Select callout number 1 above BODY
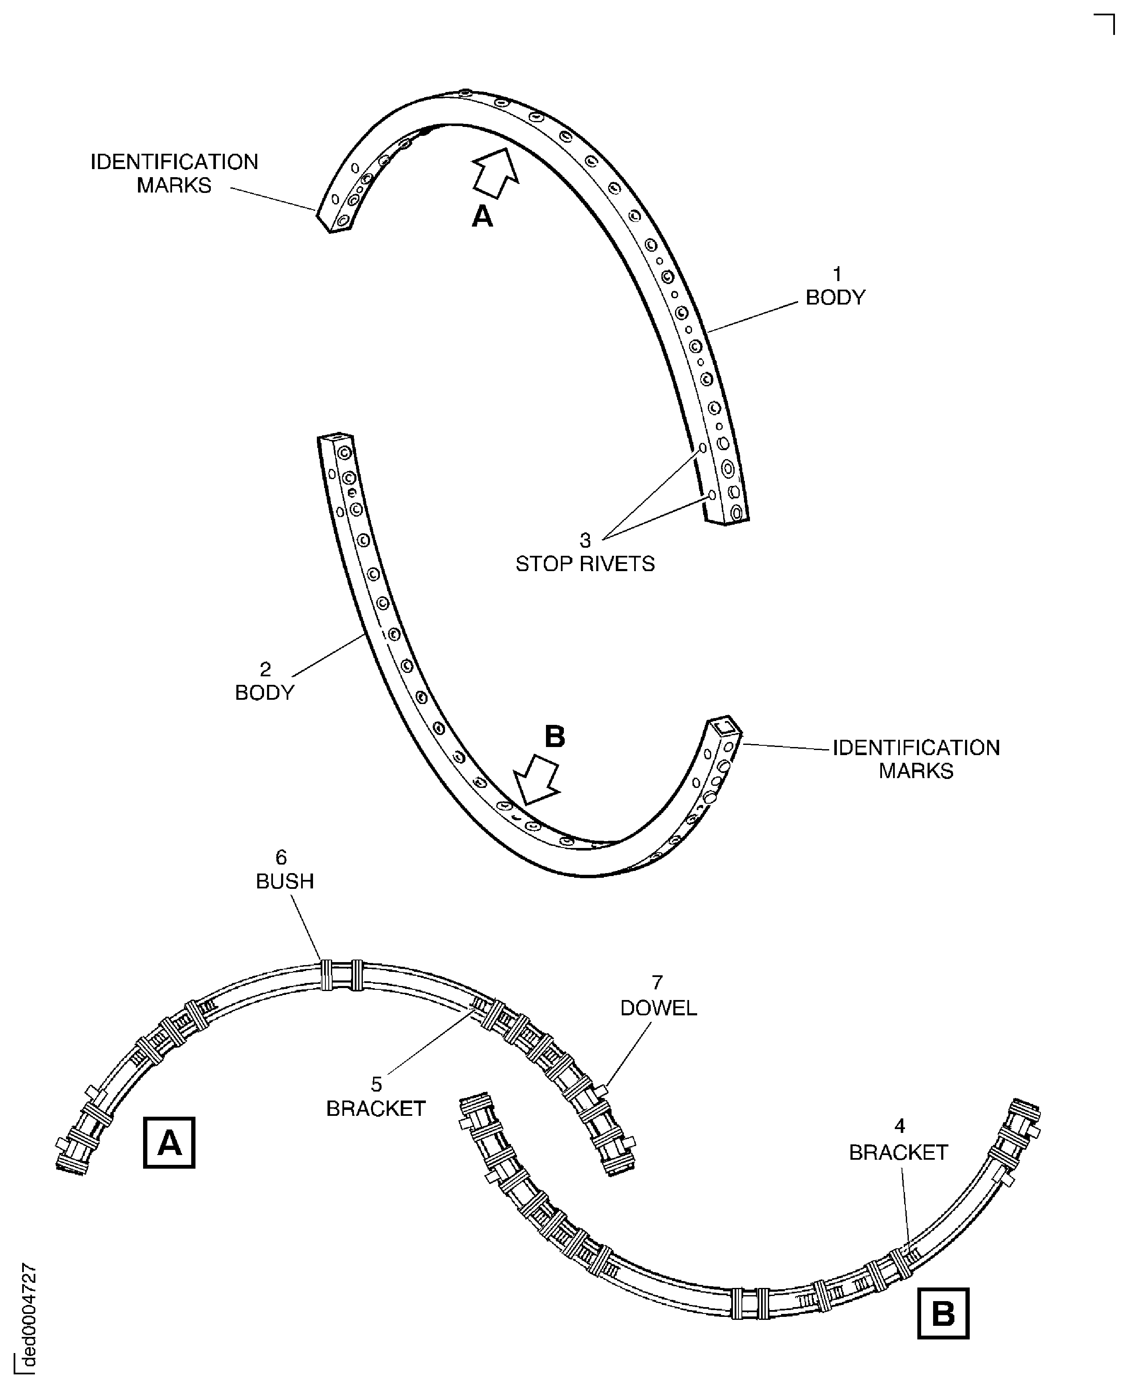pyautogui.click(x=837, y=274)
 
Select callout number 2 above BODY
pyautogui.click(x=265, y=669)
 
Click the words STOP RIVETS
pyautogui.click(x=585, y=563)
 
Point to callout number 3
pyautogui.click(x=585, y=540)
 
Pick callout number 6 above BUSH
pyautogui.click(x=281, y=858)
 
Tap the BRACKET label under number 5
pyautogui.click(x=376, y=1108)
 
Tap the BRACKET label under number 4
pyautogui.click(x=898, y=1152)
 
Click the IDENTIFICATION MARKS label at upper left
pyautogui.click(x=174, y=173)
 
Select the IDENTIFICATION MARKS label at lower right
pyautogui.click(x=916, y=759)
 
